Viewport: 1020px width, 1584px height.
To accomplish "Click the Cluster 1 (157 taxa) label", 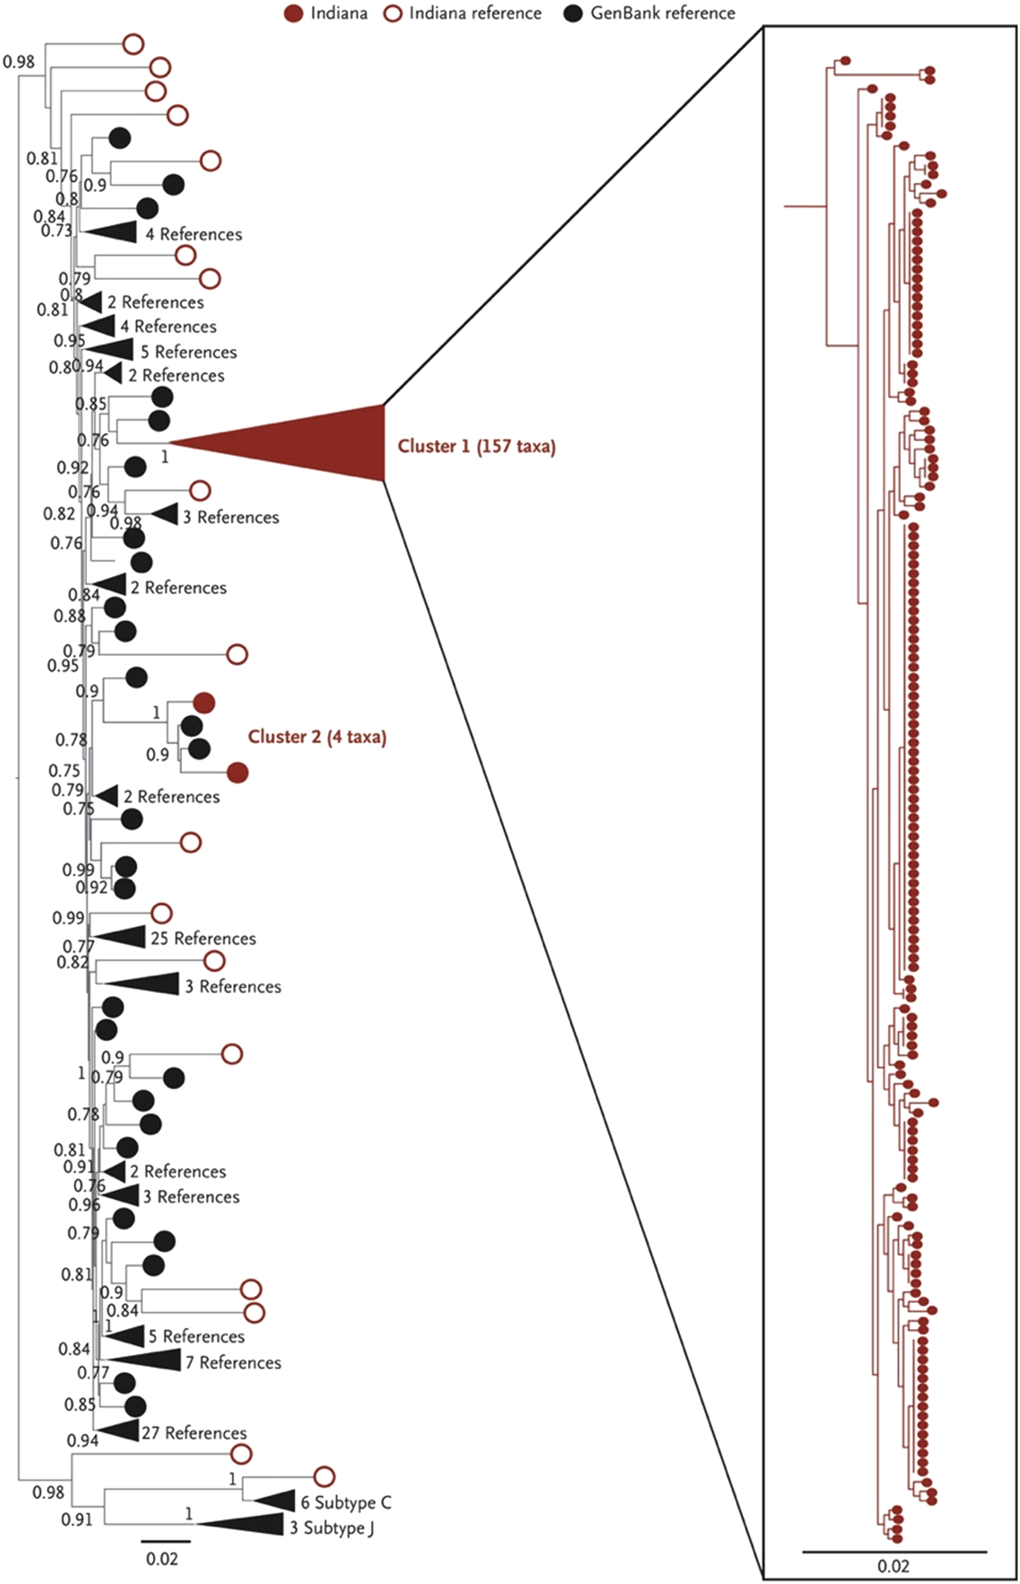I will (x=476, y=446).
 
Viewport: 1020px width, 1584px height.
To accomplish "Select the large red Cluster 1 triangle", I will (x=318, y=443).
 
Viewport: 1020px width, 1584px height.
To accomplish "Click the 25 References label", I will (x=203, y=938).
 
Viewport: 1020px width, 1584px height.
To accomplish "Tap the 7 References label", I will (x=233, y=1362).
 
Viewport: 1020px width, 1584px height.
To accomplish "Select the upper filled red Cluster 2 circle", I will (x=204, y=703).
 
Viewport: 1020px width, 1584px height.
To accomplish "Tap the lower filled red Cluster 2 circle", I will (x=237, y=772).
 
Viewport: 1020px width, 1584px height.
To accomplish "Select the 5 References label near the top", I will (x=188, y=352).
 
